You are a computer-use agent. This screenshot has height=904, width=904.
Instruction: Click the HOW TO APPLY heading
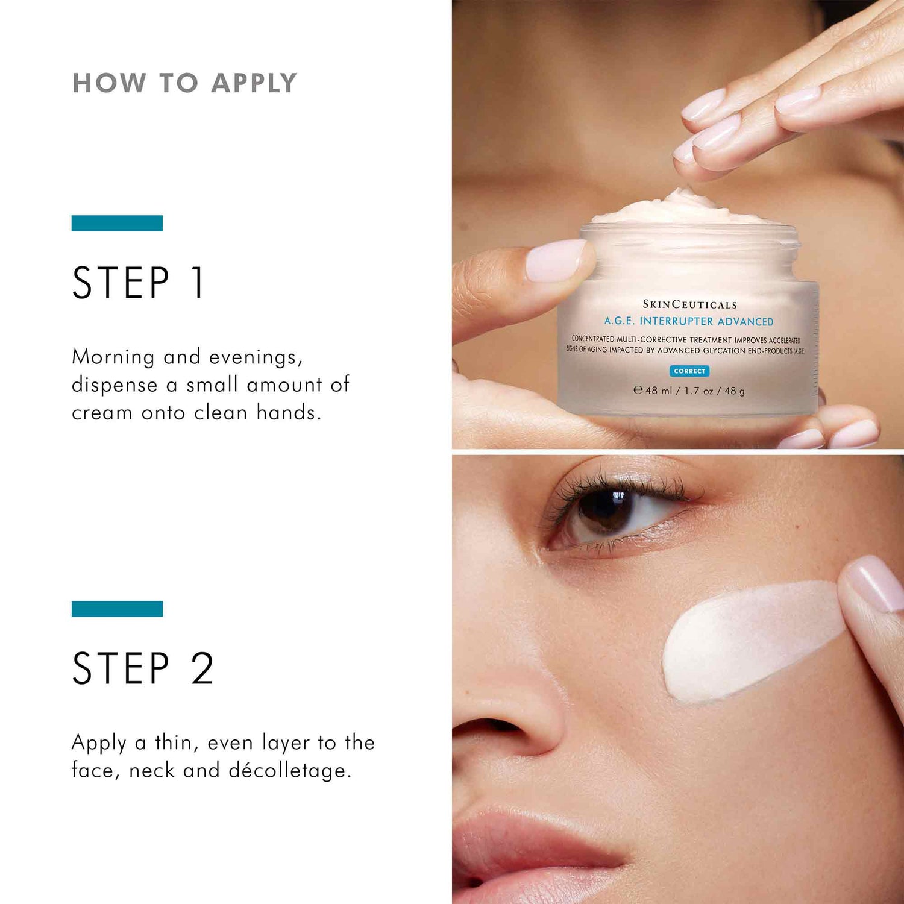184,83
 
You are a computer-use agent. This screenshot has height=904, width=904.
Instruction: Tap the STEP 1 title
139,283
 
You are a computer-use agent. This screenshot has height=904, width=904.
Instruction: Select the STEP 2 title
143,668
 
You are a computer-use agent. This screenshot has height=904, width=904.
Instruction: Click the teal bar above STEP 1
117,223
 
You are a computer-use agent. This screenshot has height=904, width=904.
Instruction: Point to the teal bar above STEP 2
117,609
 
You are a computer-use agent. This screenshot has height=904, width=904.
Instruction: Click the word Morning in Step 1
113,357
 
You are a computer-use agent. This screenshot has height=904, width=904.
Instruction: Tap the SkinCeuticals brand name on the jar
689,304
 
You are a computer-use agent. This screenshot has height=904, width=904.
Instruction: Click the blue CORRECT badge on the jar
689,371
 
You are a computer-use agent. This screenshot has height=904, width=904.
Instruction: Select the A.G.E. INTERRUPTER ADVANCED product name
689,321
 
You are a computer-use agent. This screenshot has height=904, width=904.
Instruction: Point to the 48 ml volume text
658,391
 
